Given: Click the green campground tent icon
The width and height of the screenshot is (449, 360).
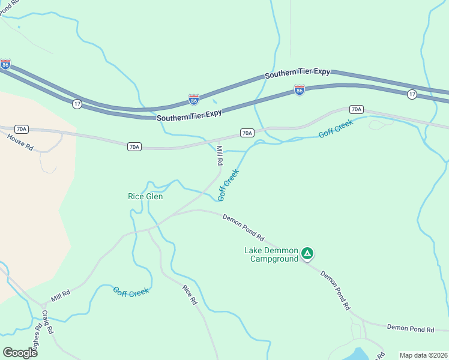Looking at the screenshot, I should coord(307,254).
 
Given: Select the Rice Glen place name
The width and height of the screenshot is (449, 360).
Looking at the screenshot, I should coord(145,196).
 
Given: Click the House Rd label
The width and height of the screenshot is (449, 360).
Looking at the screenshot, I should coord(20,142).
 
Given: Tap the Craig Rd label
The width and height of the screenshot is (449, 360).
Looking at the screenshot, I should coord(48,322).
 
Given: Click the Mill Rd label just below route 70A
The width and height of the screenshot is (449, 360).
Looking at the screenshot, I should coord(220,155).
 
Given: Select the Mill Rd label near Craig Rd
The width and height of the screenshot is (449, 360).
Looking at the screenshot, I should coord(61,295).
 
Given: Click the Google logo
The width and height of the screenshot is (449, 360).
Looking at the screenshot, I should coord(20,352).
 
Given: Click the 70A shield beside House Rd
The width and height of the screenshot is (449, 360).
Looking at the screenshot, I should coord(22,129).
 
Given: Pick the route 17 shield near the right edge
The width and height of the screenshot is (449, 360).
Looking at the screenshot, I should coord(411,94).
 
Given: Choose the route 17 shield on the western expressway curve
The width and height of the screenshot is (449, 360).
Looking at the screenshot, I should coord(77,104).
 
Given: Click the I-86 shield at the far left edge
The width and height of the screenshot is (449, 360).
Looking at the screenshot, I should coord(5,64).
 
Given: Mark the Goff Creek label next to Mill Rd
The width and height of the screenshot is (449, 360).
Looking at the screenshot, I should coord(229,184).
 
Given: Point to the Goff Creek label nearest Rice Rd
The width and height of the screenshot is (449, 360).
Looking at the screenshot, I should coord(131,292).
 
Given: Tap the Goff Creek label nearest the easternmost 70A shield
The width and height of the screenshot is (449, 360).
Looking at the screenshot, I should coord(336,128).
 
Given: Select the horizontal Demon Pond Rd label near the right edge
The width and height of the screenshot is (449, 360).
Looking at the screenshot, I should coord(411,329).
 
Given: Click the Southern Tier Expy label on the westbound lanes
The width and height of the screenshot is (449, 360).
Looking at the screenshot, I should coord(298,72).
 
